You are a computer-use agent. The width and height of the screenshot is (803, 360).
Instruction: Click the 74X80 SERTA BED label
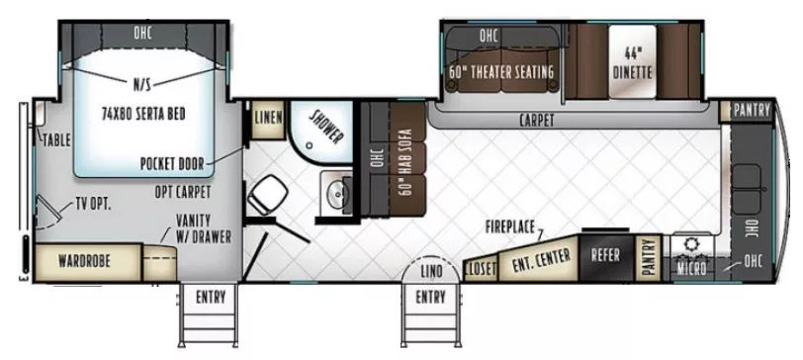click(x=142, y=114)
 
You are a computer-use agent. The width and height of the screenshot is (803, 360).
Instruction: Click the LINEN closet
click(x=268, y=117)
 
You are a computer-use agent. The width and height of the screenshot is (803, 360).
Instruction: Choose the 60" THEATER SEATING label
click(x=500, y=72)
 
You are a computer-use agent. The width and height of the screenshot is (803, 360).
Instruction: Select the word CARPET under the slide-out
click(x=536, y=120)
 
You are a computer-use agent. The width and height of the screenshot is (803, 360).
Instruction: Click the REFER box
click(x=605, y=254)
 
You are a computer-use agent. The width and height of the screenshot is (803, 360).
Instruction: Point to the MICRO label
click(x=691, y=266)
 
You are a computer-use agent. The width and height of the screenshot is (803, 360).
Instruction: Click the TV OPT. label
click(x=94, y=206)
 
